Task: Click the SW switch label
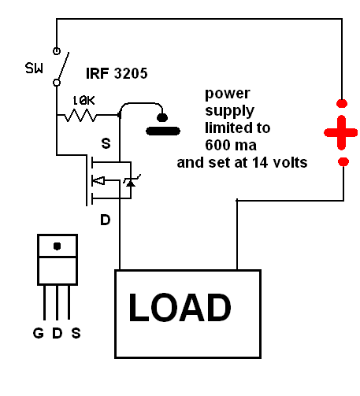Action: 34,68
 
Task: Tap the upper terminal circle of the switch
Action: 57,50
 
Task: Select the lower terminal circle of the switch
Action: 57,83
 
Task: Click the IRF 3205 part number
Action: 117,73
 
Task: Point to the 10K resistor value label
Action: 84,101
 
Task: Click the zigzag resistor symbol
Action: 80,116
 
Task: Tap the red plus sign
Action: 341,132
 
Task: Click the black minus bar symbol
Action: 163,131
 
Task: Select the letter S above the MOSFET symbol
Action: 106,143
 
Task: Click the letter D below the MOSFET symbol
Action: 106,220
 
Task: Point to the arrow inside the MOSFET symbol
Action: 98,180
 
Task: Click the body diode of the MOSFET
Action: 131,182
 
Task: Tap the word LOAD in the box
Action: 180,307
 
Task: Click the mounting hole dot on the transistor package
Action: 58,246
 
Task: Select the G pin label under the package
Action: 39,333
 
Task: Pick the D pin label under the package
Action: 58,333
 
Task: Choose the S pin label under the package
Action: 76,333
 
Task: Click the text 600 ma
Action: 231,145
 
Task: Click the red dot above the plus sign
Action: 342,103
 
